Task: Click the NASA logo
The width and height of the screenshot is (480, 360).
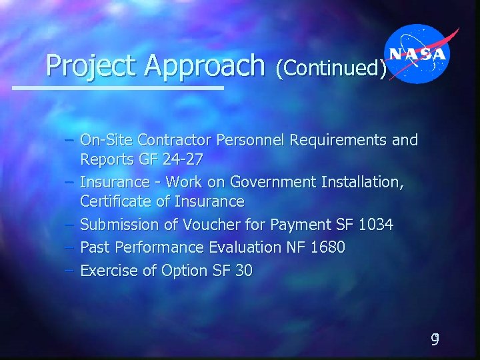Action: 419,54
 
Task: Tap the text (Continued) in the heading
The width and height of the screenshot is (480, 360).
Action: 331,67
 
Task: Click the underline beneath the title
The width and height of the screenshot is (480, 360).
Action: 119,87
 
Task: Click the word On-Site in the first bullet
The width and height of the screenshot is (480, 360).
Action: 105,141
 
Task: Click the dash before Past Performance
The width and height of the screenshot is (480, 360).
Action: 70,247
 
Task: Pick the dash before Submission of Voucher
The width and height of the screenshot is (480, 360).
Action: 70,225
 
